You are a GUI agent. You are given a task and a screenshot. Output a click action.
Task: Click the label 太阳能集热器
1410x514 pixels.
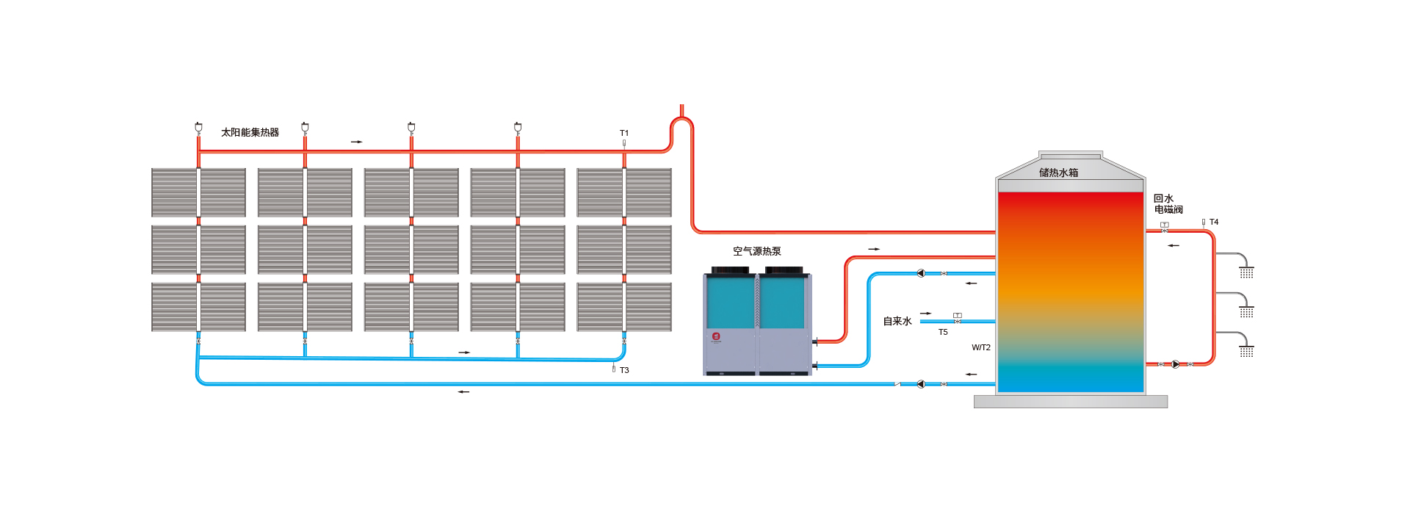pos(250,133)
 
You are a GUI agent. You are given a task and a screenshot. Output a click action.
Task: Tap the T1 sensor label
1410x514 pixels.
pos(624,133)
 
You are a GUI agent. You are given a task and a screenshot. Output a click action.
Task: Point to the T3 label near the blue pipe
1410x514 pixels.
pos(624,370)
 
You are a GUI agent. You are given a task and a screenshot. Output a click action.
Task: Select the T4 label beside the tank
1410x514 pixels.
pos(1214,222)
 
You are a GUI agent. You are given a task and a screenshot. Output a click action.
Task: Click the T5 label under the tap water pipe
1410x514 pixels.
pos(943,333)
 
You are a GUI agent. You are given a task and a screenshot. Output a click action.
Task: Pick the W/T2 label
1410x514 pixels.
pos(981,348)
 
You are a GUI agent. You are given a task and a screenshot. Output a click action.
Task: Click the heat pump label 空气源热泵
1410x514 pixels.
pos(756,251)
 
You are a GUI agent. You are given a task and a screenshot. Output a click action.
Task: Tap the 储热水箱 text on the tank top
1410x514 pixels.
pos(1058,173)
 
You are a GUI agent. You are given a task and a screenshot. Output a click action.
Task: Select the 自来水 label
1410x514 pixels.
pos(897,322)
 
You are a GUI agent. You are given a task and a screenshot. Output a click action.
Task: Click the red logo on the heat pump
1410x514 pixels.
pos(716,336)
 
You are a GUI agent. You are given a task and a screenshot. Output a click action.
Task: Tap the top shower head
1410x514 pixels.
pos(1246,272)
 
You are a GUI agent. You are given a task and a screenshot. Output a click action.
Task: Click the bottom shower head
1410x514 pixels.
pos(1246,352)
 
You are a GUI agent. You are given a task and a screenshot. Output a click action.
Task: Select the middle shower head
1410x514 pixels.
pos(1246,312)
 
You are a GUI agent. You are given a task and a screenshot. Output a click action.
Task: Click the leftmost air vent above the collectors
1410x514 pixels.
pos(198,128)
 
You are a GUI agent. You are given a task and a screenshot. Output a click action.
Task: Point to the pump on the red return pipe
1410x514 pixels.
pos(1176,364)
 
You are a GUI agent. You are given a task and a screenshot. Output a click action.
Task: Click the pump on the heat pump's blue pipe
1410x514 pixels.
pos(921,273)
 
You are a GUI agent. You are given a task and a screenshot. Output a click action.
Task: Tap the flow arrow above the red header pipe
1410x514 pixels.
pos(356,142)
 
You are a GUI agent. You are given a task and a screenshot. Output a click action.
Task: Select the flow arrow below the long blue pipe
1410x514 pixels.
pos(463,392)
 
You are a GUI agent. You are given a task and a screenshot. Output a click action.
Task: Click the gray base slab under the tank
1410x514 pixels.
pos(1070,402)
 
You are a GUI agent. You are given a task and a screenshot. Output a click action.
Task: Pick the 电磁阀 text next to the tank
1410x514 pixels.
pos(1168,210)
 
